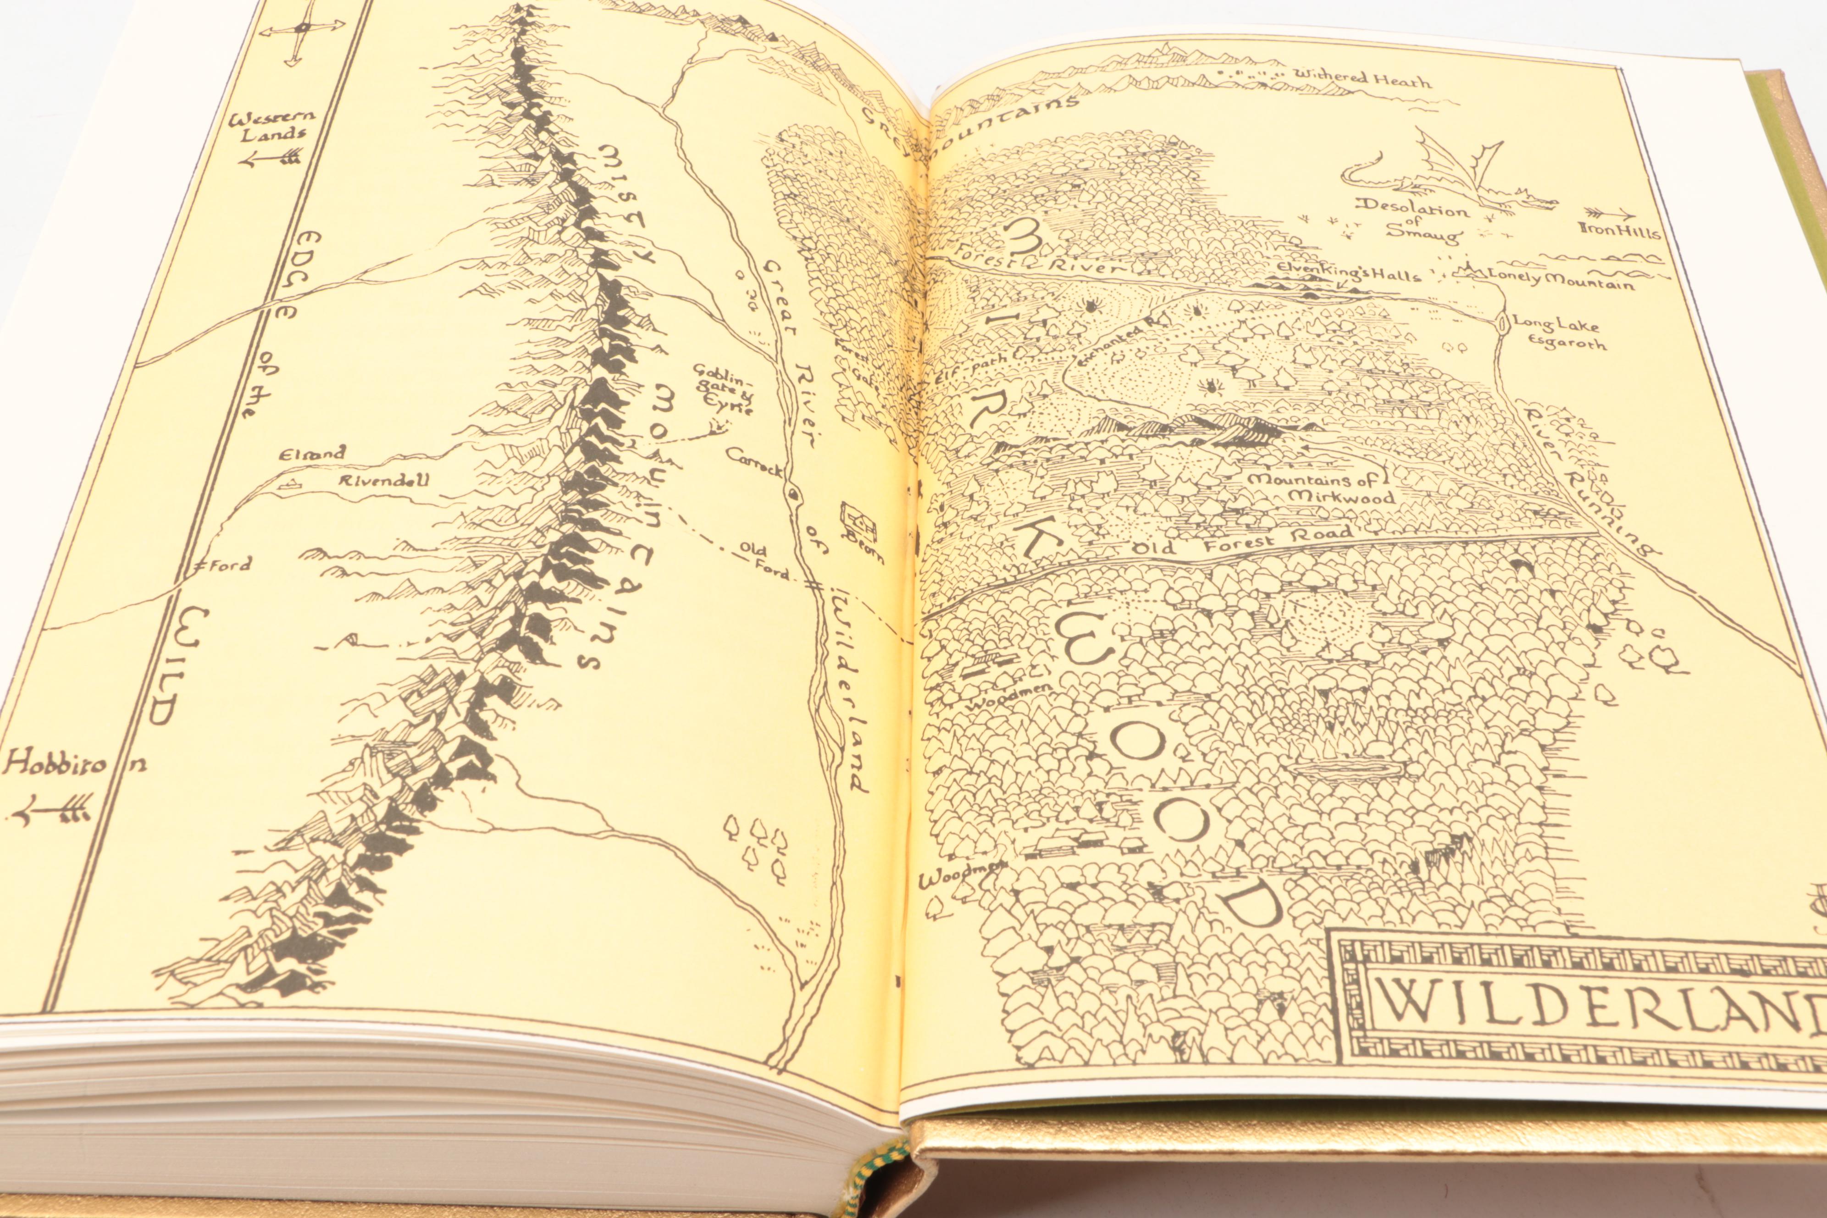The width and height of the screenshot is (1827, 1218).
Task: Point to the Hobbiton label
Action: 66,765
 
